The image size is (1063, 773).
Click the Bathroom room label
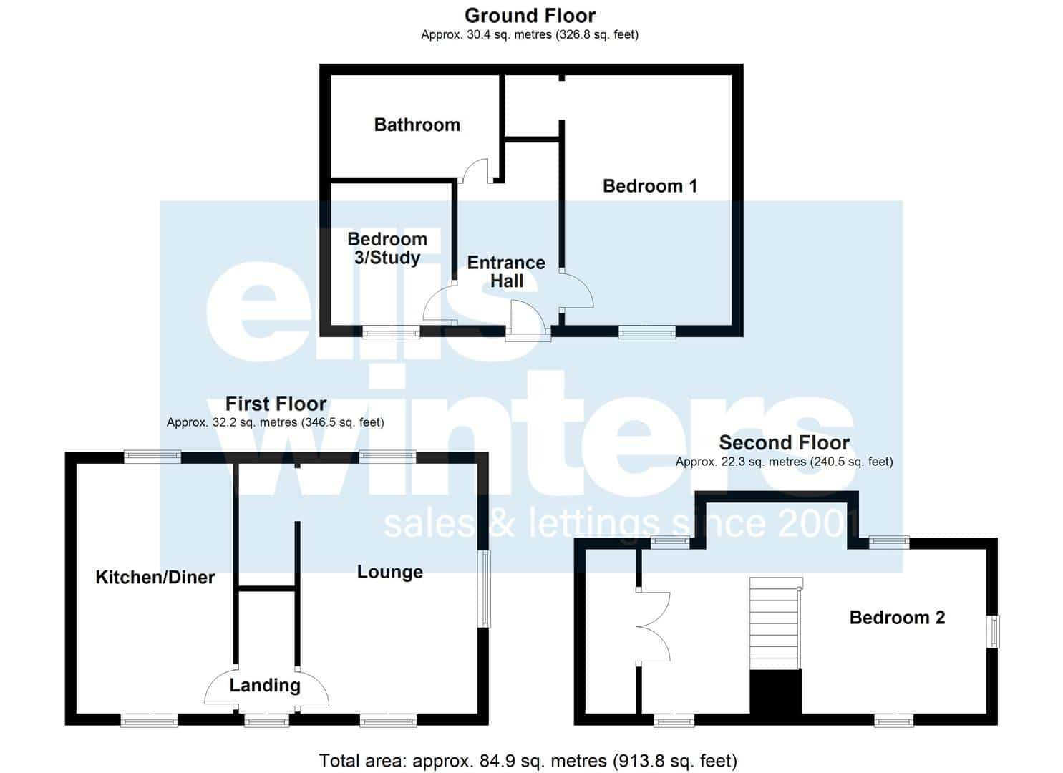coord(417,125)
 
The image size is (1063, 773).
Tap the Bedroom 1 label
coord(650,185)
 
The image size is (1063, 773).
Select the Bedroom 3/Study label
coord(387,248)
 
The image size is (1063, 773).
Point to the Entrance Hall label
coord(506,271)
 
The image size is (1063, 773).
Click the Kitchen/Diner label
coord(155,577)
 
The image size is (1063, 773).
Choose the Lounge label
coord(390,573)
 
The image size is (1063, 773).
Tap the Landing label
coord(265,685)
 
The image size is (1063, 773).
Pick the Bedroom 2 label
coord(898,618)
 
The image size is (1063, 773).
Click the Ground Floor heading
coord(530,16)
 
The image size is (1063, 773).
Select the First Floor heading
coord(276,404)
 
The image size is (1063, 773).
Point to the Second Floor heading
coord(785,443)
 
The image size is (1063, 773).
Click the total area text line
coord(528,761)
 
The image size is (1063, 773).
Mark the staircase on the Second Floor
coord(776,623)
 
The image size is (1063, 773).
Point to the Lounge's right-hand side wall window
coord(484,589)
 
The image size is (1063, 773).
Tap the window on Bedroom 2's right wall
coord(993,631)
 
